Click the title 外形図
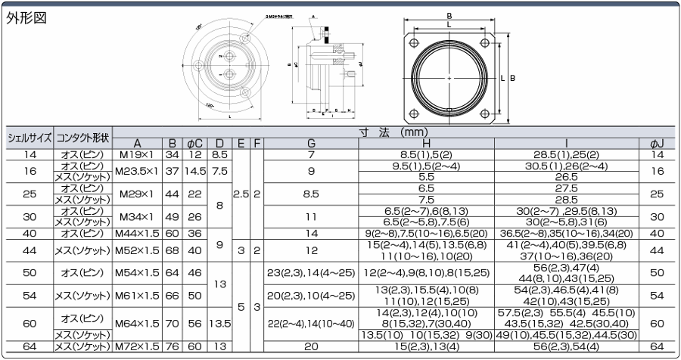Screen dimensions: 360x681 pos(27,18)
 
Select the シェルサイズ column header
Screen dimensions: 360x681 pos(30,138)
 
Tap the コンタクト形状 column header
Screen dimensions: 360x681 pos(82,138)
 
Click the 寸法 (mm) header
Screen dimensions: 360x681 pos(393,132)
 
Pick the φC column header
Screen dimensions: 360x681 pos(194,144)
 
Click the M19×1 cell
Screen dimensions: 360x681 pos(137,154)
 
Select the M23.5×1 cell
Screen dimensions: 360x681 pos(137,171)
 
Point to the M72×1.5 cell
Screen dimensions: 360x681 pos(137,346)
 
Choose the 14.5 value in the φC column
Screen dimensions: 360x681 pos(194,171)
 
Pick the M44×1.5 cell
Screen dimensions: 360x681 pos(137,234)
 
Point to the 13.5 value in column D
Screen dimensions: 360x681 pos(219,323)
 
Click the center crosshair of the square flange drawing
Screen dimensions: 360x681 pos(449,77)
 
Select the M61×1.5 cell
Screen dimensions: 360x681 pos(137,294)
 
